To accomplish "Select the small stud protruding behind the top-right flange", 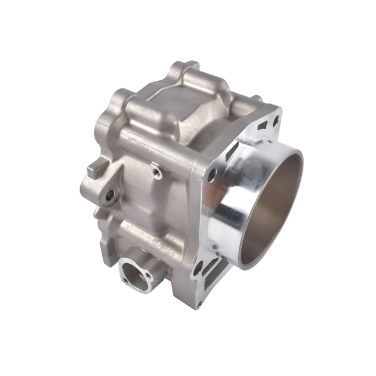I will pos(257,98).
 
